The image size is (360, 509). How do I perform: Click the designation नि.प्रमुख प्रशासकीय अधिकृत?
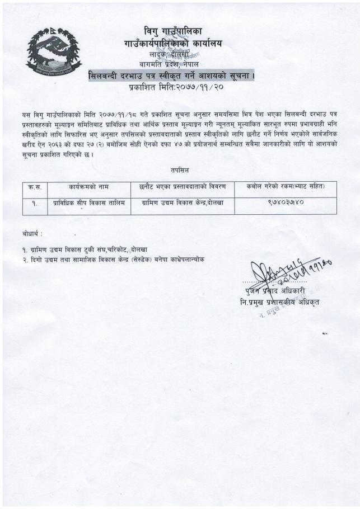pyautogui.click(x=279, y=303)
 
